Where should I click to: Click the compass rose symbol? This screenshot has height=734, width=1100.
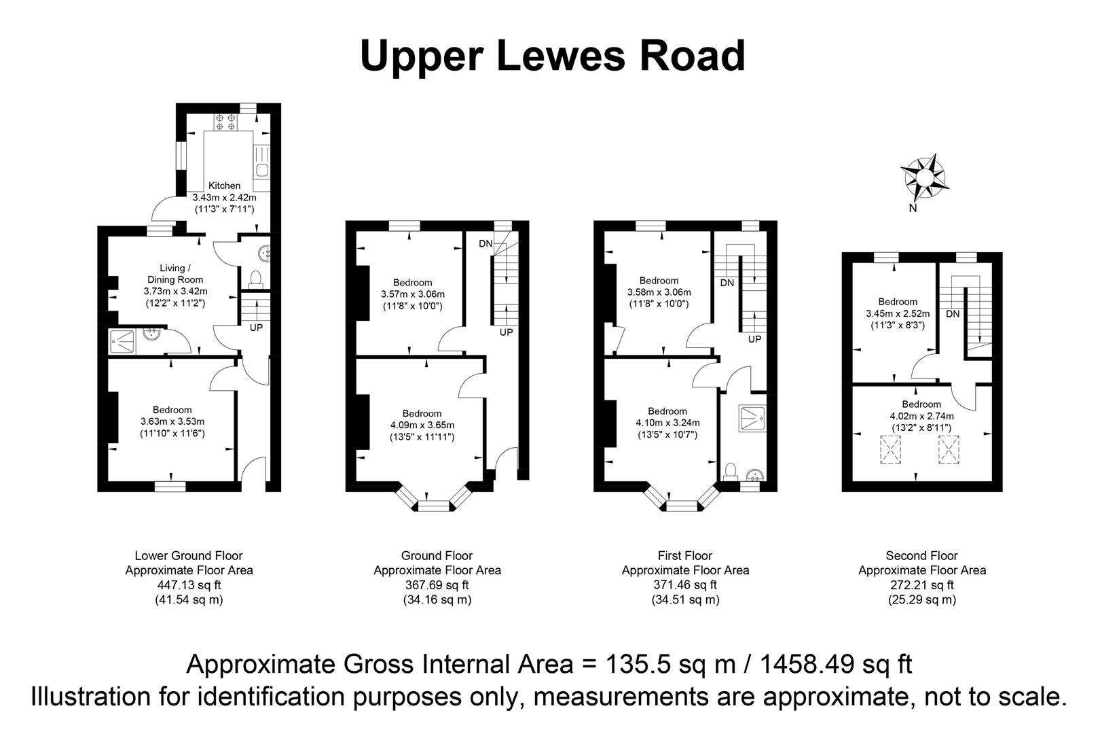pyautogui.click(x=925, y=177)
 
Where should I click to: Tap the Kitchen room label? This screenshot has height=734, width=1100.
pyautogui.click(x=224, y=186)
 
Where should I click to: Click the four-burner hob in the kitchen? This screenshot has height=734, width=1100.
pyautogui.click(x=225, y=122)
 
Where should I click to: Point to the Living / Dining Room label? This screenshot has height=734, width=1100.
pyautogui.click(x=175, y=274)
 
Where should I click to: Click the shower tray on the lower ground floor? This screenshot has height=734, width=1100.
pyautogui.click(x=122, y=341)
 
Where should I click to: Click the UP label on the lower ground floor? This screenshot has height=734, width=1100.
pyautogui.click(x=256, y=328)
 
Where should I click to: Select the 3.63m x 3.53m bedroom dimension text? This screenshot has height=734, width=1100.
pyautogui.click(x=172, y=421)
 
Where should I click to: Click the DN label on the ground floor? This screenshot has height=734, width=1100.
pyautogui.click(x=485, y=244)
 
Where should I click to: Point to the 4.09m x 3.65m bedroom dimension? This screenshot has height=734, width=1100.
pyautogui.click(x=422, y=425)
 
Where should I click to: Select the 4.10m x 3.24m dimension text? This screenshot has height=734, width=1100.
pyautogui.click(x=667, y=423)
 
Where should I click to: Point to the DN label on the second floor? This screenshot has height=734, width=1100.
pyautogui.click(x=953, y=314)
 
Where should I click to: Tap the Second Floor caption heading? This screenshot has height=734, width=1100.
pyautogui.click(x=921, y=556)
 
